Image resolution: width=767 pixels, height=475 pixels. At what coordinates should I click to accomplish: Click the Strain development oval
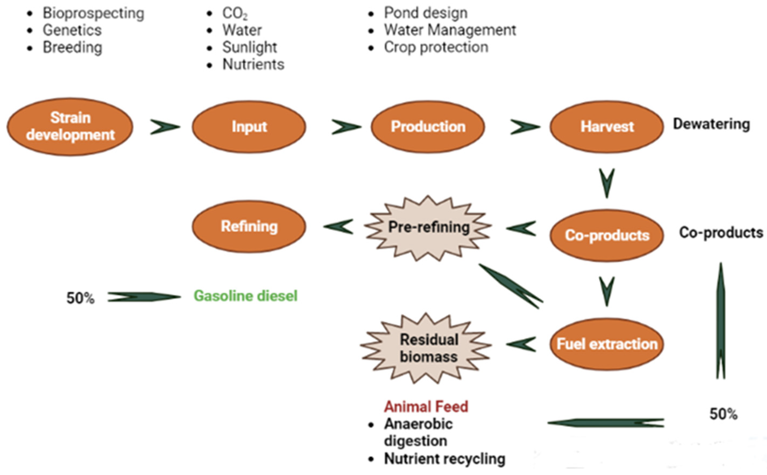(x=70, y=126)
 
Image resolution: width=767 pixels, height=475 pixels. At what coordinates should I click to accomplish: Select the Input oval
(x=249, y=126)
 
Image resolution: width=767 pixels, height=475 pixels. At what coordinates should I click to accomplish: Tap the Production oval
(x=427, y=126)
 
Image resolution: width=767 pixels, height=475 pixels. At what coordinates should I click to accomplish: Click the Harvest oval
(x=607, y=126)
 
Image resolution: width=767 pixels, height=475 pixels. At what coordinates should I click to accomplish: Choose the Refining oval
(x=249, y=226)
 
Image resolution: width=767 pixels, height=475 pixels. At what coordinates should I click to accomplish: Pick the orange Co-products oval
(x=607, y=235)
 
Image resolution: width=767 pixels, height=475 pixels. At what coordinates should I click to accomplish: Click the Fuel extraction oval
(x=607, y=344)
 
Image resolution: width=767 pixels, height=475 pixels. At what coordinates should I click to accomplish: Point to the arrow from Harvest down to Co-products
(x=607, y=183)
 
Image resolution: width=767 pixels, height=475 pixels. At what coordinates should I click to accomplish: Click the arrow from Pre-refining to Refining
(x=339, y=226)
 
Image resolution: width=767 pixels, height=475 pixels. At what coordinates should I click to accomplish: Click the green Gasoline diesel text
(x=245, y=296)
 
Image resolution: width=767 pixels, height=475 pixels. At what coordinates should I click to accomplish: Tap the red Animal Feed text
(x=426, y=406)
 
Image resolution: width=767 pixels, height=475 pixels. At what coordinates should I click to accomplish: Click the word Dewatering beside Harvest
(x=711, y=124)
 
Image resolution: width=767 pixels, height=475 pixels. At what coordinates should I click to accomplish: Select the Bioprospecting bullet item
(x=93, y=13)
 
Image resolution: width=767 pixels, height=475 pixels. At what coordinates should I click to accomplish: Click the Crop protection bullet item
(x=436, y=47)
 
